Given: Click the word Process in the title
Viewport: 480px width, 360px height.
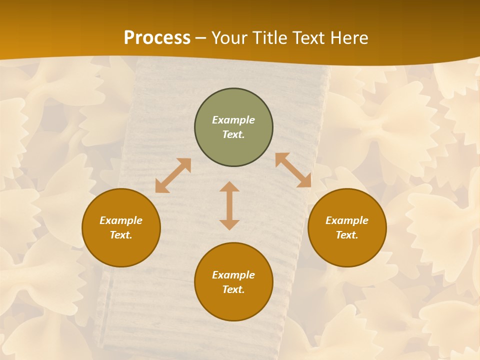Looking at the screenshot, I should coord(157,38).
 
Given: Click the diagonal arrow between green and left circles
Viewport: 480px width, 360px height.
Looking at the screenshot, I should coord(173,175).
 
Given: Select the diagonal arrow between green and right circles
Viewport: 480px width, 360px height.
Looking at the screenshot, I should coord(293,170).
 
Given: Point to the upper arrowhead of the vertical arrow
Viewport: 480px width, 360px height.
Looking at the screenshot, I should coord(229,187).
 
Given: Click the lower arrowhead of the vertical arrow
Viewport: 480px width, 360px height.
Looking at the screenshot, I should coord(229,224).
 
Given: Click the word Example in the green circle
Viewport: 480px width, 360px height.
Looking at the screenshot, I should coord(233,120).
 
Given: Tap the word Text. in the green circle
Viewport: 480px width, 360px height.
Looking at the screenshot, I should coord(233,134).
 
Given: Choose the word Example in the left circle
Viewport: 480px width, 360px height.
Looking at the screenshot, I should coord(121,220).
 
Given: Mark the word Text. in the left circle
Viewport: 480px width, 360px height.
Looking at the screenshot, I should coord(121,235).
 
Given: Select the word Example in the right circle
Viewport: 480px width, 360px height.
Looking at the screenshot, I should coord(347,220).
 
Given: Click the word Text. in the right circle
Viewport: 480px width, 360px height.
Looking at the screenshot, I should coord(347,235).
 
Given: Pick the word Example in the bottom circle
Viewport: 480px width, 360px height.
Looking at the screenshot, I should coord(233,275).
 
